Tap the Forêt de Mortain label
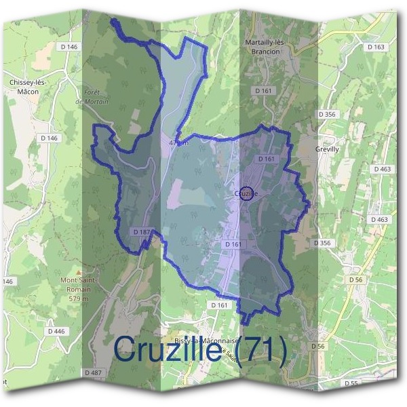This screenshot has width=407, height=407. point(92,96)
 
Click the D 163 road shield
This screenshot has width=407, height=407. point(375,47)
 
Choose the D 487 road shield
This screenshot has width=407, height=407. point(94,372)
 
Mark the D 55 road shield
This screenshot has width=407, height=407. point(351,383)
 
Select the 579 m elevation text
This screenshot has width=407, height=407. point(80,298)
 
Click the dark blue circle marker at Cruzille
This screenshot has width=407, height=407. point(248,193)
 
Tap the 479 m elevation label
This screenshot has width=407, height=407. point(177,143)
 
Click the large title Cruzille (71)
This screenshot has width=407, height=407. point(200,350)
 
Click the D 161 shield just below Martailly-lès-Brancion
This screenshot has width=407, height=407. point(264,90)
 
